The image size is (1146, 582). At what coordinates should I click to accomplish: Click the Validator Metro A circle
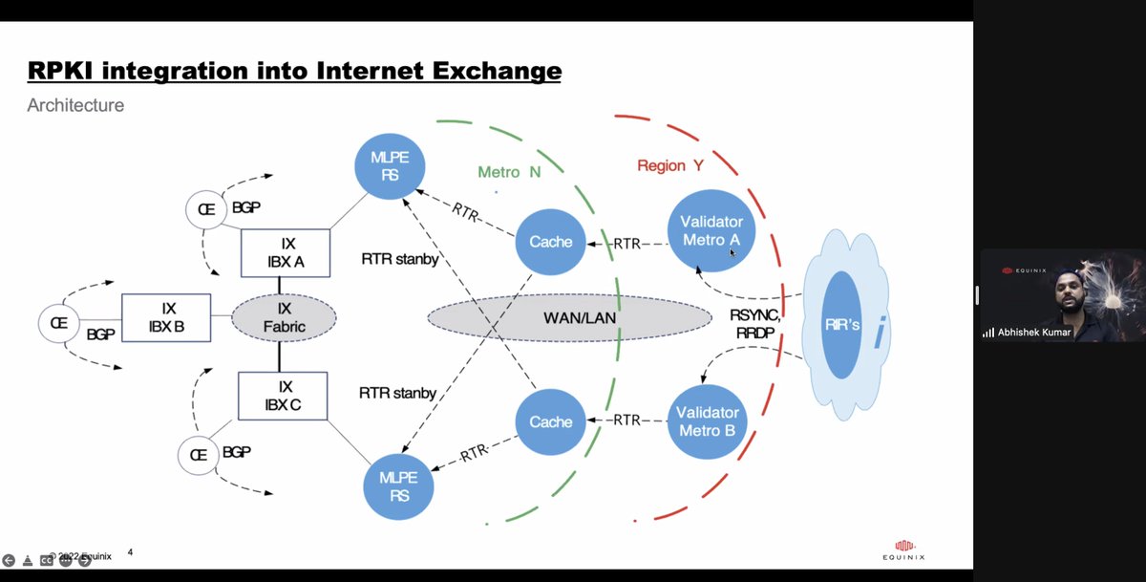pos(711,230)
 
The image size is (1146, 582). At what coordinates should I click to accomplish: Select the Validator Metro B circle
pos(708,420)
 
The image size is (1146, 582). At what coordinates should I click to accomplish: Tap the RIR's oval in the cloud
pos(841,325)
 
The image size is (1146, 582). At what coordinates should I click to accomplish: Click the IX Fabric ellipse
pos(284,317)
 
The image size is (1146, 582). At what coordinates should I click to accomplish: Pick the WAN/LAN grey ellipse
pos(569,317)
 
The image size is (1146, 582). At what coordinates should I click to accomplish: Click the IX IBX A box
pos(286,253)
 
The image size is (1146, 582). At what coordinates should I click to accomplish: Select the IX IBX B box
pos(166,317)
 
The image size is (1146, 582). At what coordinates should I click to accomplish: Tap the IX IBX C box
pos(283,396)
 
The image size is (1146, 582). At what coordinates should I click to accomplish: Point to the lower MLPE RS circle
pos(399,487)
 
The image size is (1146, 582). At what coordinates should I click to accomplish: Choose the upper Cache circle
pos(551,242)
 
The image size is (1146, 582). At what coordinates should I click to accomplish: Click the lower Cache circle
pos(551,421)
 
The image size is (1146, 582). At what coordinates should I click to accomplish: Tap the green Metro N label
pos(509,172)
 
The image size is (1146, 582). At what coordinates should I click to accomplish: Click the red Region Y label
pos(670,165)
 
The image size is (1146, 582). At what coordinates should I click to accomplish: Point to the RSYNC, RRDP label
pos(755,323)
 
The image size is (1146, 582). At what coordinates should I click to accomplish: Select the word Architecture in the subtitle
pos(75,105)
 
